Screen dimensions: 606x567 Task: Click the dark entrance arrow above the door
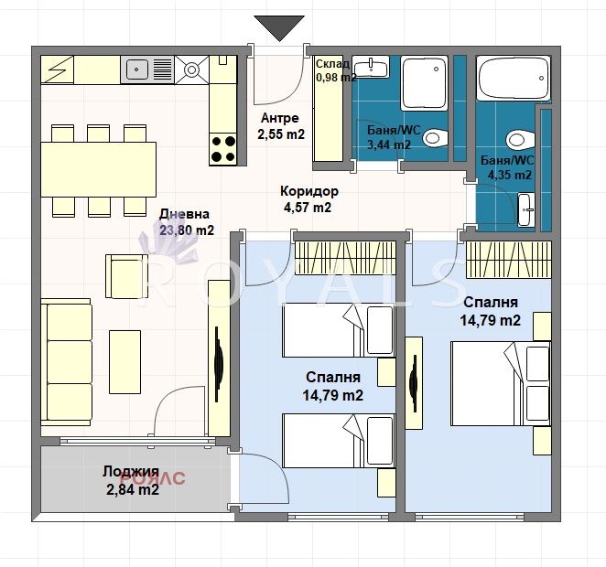(279, 27)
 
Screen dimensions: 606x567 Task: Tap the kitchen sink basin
(136, 70)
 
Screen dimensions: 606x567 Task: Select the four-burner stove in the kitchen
(223, 150)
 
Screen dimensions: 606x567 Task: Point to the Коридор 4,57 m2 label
(308, 199)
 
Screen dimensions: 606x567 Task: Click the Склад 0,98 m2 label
(335, 70)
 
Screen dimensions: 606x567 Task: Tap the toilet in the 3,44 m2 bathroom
(435, 138)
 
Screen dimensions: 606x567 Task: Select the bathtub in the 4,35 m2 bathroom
(513, 79)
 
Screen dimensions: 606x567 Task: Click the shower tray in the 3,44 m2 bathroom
(424, 82)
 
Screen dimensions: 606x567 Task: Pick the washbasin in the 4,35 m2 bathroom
(526, 209)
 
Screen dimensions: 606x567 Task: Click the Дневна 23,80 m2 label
(186, 222)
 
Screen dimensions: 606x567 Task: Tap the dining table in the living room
(99, 169)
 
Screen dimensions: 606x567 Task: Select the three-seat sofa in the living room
(66, 361)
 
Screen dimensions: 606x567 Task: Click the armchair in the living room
(126, 276)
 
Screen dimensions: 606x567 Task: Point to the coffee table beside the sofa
(124, 361)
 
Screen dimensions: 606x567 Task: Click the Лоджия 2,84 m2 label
(132, 480)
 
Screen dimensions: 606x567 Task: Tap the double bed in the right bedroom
(501, 384)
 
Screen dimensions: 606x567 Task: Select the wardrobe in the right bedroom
(509, 260)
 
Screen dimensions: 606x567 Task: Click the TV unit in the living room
(219, 358)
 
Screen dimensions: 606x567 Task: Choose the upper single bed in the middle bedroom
(339, 330)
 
